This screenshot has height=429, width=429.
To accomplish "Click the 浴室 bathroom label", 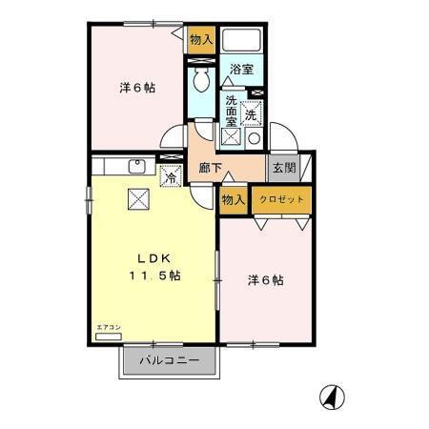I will [241, 69].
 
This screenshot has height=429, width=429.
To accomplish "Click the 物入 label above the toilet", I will [200, 40].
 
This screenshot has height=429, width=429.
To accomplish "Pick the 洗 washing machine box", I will [251, 111].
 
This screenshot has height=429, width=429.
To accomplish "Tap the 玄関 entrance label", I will [283, 169].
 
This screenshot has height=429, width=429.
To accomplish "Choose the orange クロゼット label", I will [282, 199].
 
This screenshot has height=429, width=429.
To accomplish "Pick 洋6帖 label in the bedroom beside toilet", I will [137, 88].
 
